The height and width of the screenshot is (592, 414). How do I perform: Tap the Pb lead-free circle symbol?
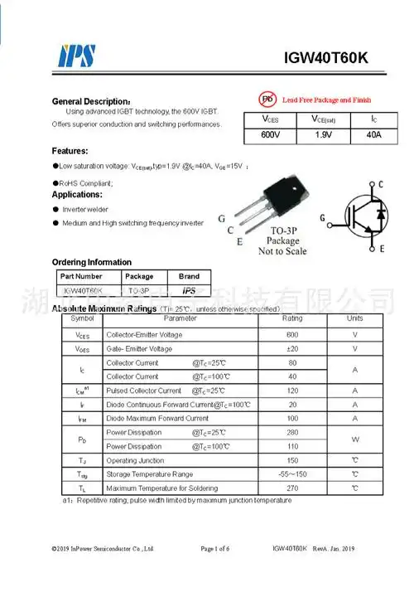click(267, 99)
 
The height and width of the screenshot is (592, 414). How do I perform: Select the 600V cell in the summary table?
click(271, 134)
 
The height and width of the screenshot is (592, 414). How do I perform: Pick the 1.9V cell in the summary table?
click(324, 134)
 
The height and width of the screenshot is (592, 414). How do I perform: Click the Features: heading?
click(70, 151)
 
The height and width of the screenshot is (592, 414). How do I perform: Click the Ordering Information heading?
click(91, 262)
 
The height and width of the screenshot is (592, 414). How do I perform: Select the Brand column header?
click(189, 276)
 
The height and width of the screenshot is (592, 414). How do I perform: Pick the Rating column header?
click(292, 318)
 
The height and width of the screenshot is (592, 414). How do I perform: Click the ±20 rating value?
click(292, 349)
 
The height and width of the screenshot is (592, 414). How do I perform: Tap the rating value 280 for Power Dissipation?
click(292, 433)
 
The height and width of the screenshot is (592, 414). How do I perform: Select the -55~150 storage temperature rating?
click(292, 474)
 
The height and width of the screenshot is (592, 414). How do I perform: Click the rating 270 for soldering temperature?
click(292, 488)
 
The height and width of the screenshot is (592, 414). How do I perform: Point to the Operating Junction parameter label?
click(135, 460)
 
